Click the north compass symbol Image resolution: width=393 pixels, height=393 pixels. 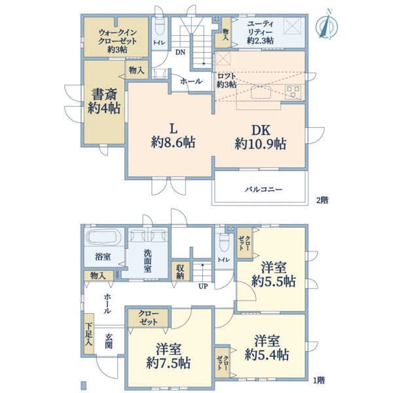click(326, 25)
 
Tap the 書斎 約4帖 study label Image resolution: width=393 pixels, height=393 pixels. click(104, 102)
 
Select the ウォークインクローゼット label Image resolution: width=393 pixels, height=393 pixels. click(117, 41)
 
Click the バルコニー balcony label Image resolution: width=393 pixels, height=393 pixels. click(263, 189)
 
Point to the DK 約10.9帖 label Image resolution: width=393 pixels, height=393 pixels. click(261, 137)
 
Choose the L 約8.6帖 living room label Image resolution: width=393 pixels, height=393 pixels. click(173, 136)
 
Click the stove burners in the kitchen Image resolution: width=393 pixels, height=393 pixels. click(293, 92)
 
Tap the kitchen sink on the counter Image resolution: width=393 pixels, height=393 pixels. click(261, 92)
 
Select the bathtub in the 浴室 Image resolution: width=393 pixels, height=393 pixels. click(103, 237)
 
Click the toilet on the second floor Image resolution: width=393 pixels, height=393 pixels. click(159, 26)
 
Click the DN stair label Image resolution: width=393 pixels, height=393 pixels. click(180, 52)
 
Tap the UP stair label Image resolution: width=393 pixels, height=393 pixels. click(203, 286)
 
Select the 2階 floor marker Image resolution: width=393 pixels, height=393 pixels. click(322, 200)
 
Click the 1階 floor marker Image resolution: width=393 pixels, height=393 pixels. click(319, 381)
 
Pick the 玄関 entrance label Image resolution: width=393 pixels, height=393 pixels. click(109, 341)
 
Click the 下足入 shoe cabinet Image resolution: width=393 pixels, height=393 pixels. click(89, 333)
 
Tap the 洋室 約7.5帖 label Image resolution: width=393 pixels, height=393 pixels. click(168, 356)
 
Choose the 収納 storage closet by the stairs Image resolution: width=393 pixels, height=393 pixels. click(180, 271)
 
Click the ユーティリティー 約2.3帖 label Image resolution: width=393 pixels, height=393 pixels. click(260, 32)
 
